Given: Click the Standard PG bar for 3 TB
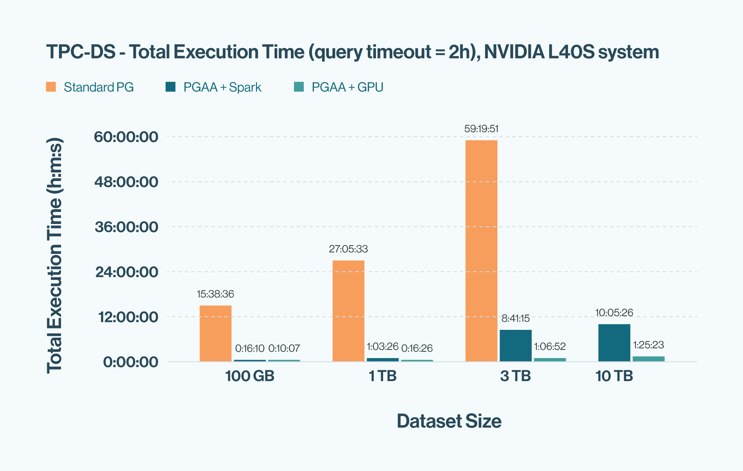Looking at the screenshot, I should (481, 251).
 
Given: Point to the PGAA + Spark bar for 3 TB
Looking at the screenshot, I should (515, 345).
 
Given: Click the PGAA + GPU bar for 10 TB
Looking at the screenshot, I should (648, 359).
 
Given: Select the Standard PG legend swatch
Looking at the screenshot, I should (51, 87).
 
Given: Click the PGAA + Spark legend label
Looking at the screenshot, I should (222, 87).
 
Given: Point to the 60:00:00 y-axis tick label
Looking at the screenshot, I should (126, 137).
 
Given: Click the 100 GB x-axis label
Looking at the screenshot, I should (250, 376).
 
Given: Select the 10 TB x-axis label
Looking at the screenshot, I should (614, 376).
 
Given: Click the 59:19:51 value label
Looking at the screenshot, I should (481, 129).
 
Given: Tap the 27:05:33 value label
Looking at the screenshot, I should (348, 249).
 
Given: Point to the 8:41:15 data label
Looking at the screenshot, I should (515, 318).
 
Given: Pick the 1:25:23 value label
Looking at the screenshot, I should (648, 345).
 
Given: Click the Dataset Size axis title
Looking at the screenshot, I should (449, 421).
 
